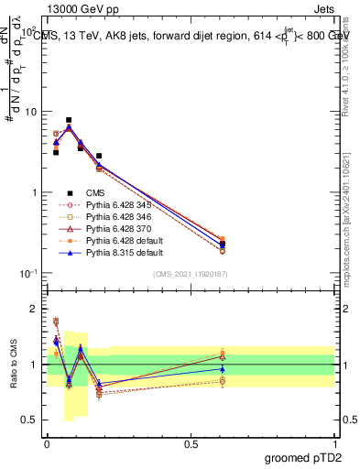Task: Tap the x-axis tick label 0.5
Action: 191,442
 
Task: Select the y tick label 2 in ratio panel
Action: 36,309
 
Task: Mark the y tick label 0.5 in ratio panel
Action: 32,420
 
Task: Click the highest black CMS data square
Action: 69,120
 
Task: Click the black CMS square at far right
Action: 224,245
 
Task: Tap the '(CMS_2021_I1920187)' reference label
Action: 191,273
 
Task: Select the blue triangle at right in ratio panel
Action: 224,369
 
